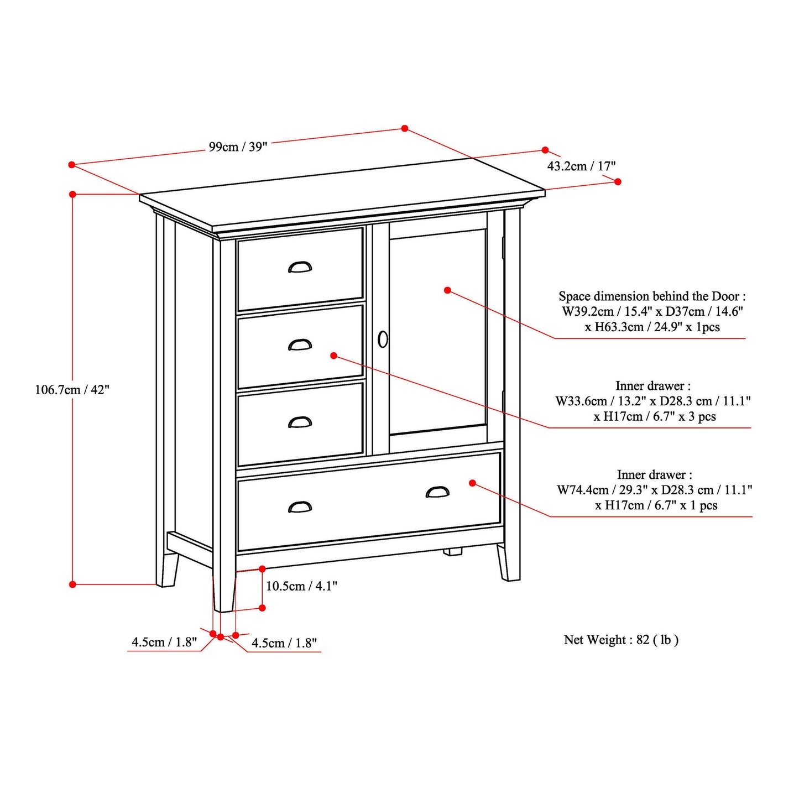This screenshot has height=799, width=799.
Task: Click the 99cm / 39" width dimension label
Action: (x=238, y=147)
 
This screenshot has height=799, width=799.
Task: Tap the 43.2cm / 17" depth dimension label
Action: (x=581, y=166)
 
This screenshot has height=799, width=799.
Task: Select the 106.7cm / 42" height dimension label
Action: (x=72, y=390)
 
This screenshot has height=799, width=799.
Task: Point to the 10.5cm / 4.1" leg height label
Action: (x=301, y=586)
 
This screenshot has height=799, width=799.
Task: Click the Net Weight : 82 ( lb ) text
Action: (x=621, y=640)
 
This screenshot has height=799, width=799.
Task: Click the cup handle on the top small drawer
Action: (x=300, y=267)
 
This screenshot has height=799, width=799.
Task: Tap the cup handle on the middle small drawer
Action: (x=300, y=344)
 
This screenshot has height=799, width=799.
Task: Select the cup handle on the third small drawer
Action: (x=300, y=422)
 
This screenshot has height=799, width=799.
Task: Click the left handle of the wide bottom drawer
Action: (x=300, y=506)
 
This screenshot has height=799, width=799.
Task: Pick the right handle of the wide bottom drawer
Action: (x=437, y=492)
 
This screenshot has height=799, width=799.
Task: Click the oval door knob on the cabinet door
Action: (x=383, y=339)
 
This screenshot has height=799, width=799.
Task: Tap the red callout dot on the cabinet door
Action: (x=447, y=290)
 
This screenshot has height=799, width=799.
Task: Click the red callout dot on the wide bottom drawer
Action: (x=472, y=483)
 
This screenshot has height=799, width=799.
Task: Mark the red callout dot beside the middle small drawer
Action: (x=333, y=356)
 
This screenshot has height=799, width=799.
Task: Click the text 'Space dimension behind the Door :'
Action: (x=652, y=296)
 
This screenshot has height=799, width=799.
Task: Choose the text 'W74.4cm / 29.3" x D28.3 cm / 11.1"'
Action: (x=654, y=490)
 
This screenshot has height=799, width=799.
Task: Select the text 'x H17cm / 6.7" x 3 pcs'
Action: (x=654, y=417)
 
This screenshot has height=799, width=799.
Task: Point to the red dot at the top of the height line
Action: (x=72, y=194)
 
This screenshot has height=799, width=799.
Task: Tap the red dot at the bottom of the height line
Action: (x=72, y=584)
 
